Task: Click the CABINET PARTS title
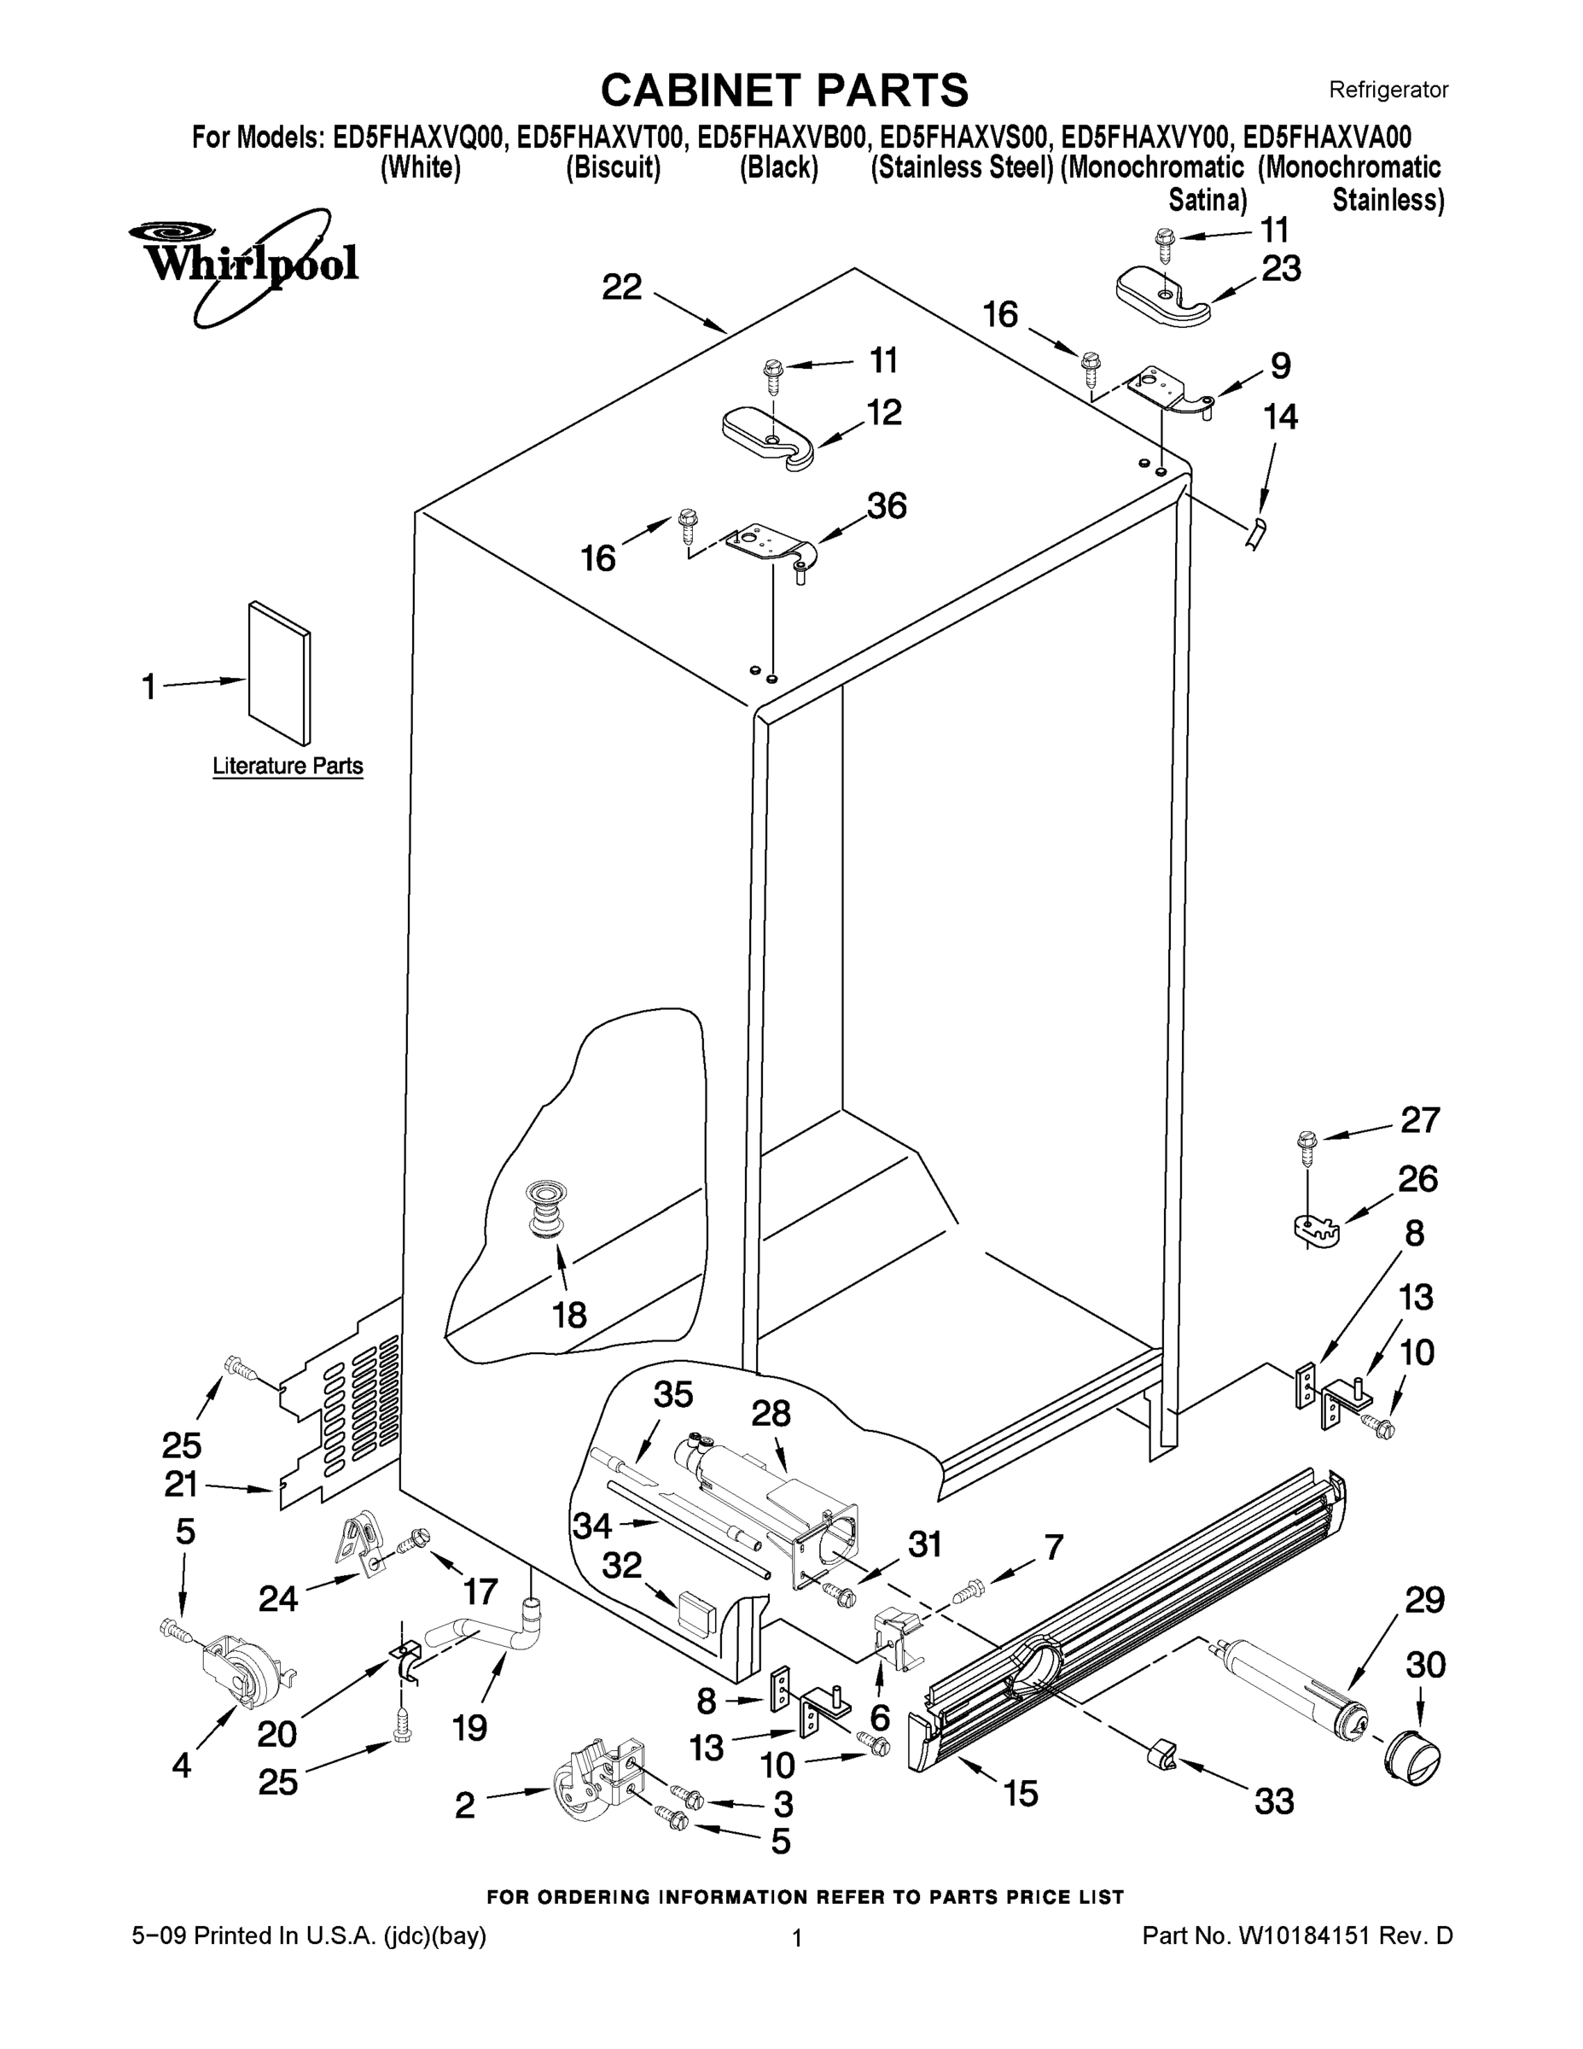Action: [784, 91]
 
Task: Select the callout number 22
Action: [622, 287]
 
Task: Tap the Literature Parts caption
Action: [287, 766]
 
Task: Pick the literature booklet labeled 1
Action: [279, 675]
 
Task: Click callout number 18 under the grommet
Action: [569, 1315]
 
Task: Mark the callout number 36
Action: [886, 506]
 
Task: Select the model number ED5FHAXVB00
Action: [780, 138]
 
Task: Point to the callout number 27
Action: [1420, 1119]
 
